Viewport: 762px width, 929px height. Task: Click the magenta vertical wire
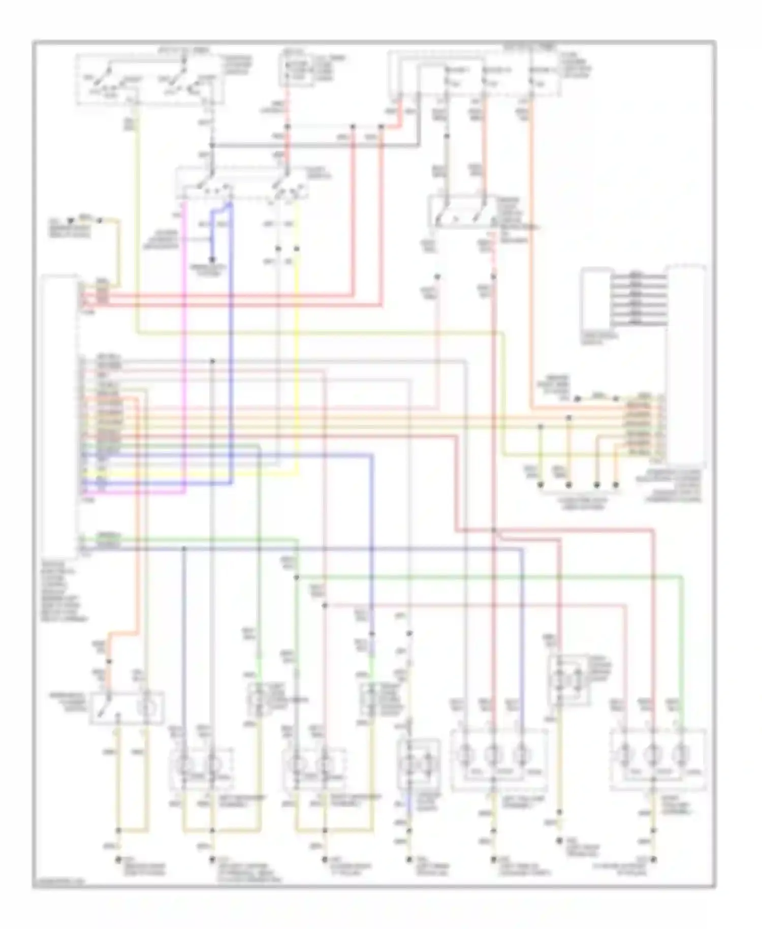coord(184,346)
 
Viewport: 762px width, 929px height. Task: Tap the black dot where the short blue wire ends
coord(213,261)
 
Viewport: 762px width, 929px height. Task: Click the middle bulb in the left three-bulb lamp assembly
coord(492,755)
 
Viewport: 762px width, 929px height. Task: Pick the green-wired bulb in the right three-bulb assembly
coord(681,755)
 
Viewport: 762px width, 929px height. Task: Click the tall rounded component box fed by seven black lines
coord(686,363)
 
